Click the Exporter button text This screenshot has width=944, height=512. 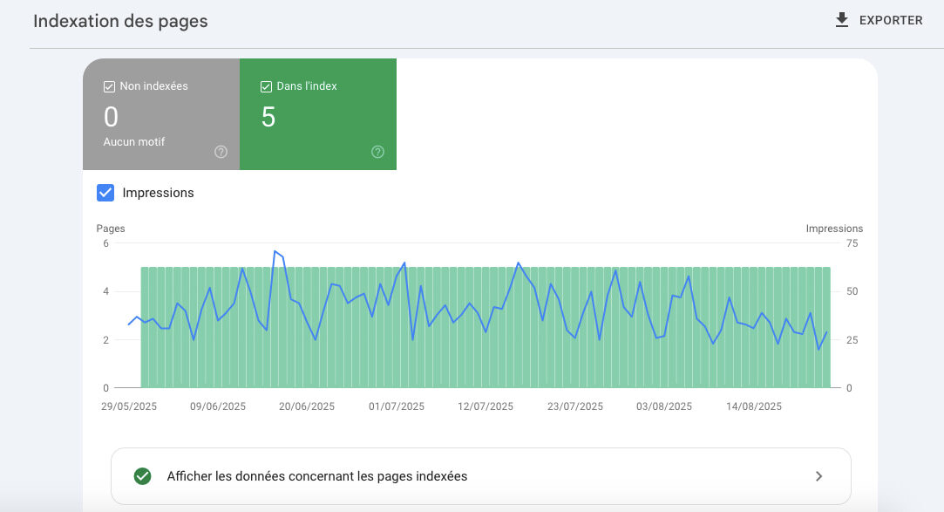pos(891,20)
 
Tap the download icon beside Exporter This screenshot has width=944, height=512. pos(842,20)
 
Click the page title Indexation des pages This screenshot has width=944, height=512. pos(120,21)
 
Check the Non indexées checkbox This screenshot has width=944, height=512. pos(109,86)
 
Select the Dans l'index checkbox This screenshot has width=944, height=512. pos(266,86)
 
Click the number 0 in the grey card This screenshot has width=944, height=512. pos(111,117)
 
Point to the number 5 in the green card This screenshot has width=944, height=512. pos(268,117)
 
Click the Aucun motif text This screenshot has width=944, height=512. pos(133,141)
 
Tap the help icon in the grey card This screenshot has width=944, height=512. pos(221,152)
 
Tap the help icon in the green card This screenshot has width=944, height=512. pos(377,152)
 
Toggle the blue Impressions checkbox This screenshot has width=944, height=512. pos(105,193)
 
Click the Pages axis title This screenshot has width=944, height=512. pos(111,229)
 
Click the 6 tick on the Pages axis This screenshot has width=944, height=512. pos(105,243)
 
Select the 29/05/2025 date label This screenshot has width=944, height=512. pos(129,406)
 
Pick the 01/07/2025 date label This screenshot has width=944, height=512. pos(397,406)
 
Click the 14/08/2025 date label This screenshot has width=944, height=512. pos(754,406)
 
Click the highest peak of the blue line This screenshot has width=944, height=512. pos(275,251)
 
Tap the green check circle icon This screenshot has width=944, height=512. pos(142,476)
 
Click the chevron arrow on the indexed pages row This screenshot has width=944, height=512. pos(818,476)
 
